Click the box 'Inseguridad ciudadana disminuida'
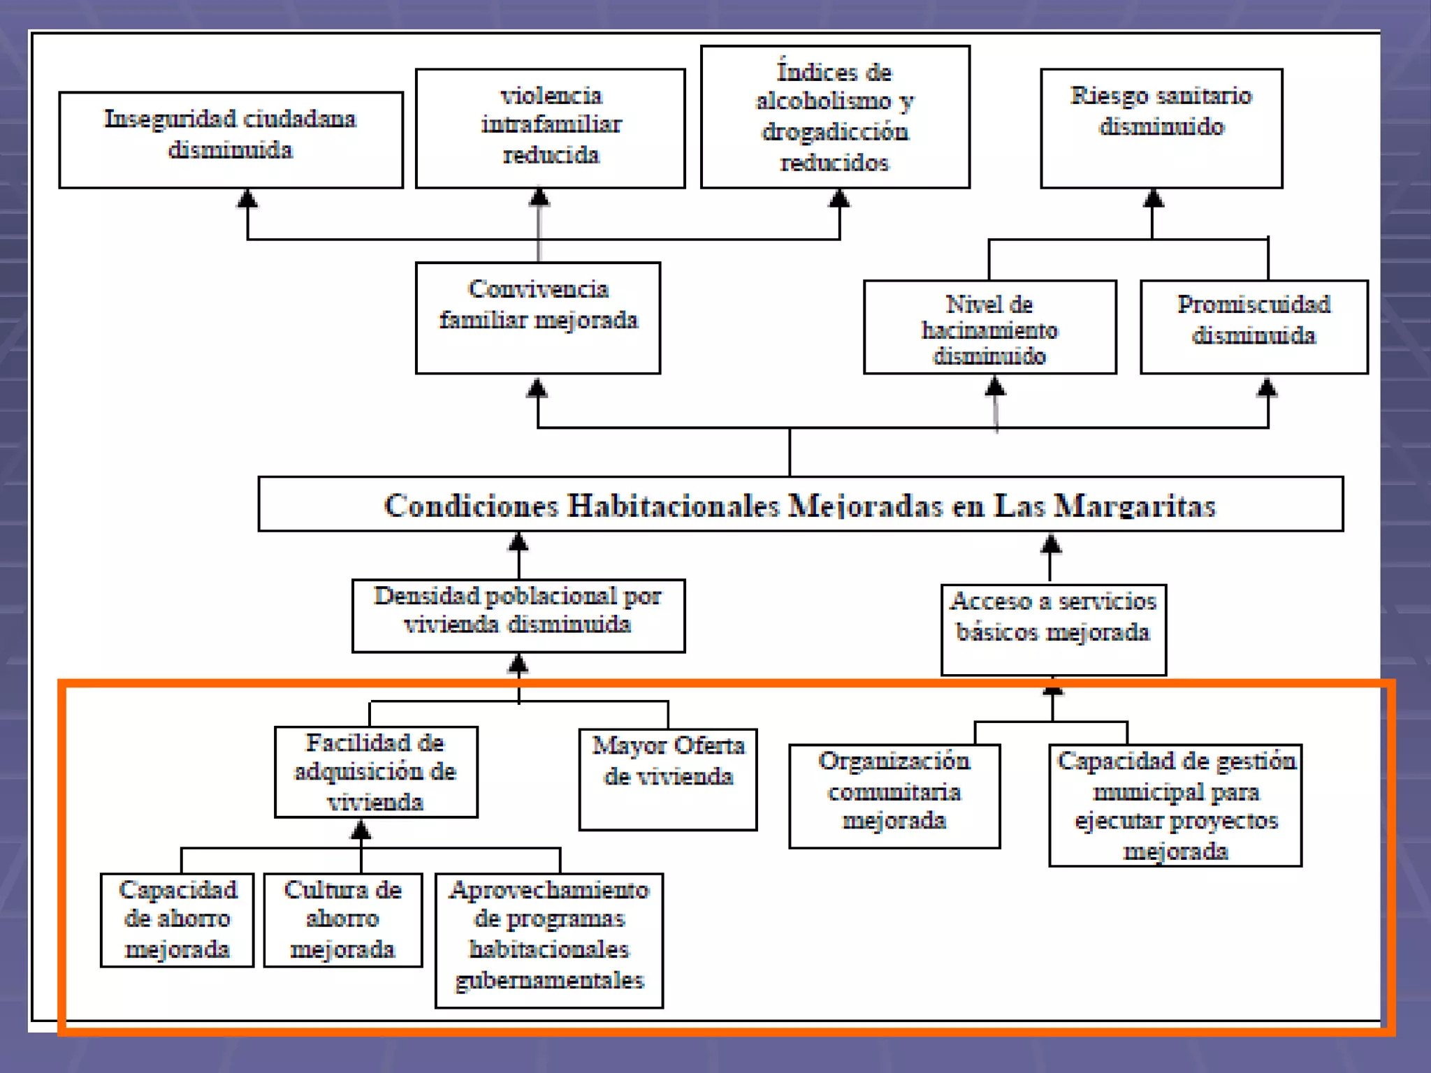click(231, 140)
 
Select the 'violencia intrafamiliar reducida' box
click(551, 128)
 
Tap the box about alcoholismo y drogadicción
click(835, 117)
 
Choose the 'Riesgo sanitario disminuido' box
click(1161, 128)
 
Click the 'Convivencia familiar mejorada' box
click(538, 318)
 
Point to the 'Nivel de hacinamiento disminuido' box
click(989, 328)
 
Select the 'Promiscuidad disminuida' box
click(1254, 327)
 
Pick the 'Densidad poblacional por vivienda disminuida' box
click(518, 615)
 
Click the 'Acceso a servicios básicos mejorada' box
click(1054, 629)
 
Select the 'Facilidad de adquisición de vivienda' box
click(376, 772)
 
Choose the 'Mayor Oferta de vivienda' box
click(668, 780)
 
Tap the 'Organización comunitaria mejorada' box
click(894, 796)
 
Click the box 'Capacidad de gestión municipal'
click(1175, 805)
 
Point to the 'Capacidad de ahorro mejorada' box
click(177, 920)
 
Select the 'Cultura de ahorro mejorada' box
click(343, 920)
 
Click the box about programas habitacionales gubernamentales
click(549, 940)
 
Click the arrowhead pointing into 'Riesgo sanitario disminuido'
click(1153, 198)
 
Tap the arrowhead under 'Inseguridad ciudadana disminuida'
click(247, 198)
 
